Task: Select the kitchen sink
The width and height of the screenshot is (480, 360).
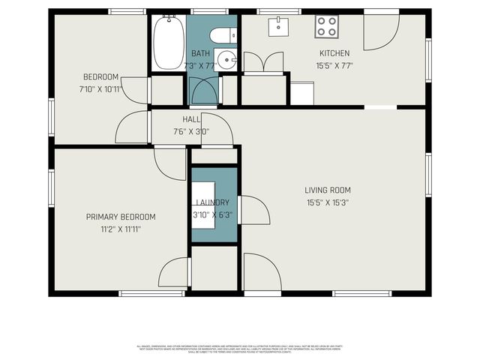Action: [x=279, y=26]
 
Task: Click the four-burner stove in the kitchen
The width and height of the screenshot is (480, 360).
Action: [x=326, y=27]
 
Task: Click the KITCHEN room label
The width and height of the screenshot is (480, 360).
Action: [x=334, y=53]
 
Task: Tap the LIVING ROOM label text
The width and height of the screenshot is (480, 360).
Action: [x=328, y=190]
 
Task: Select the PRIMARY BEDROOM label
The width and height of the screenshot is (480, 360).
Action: [x=121, y=217]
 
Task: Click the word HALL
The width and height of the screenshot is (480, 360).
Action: [x=191, y=119]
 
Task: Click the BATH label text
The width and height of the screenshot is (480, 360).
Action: [x=200, y=53]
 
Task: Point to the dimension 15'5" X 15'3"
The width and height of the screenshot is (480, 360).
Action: [x=328, y=202]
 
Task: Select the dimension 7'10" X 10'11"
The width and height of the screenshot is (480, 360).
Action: [x=100, y=89]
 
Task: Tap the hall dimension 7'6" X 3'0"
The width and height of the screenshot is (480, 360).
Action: [x=191, y=131]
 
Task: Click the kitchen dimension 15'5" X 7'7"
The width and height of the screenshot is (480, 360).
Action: [x=334, y=65]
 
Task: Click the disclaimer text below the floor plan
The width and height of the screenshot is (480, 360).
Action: [x=240, y=348]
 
